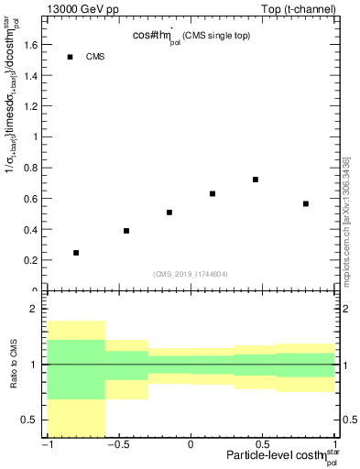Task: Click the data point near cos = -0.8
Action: coord(76,253)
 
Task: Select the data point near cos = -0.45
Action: coord(126,231)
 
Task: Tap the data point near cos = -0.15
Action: coord(169,213)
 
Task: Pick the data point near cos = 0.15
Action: coord(213,194)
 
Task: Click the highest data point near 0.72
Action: coord(256,180)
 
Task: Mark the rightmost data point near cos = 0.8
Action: coord(306,203)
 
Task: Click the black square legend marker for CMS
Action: coord(70,57)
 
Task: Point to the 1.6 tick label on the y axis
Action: coord(30,45)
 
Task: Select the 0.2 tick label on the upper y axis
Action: coord(30,260)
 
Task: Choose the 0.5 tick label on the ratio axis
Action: coord(30,420)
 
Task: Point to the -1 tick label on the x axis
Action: coord(46,445)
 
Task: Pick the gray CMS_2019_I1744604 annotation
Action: coord(191,273)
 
